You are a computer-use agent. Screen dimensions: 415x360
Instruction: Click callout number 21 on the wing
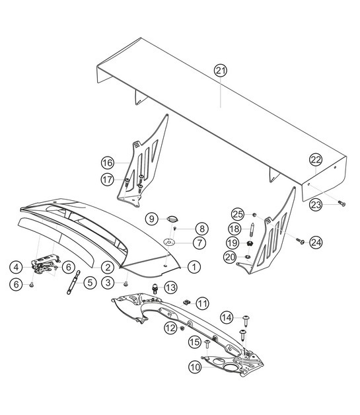[220, 70]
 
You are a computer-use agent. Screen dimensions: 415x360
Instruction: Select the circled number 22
[316, 159]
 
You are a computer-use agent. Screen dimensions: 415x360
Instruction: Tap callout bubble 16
[108, 163]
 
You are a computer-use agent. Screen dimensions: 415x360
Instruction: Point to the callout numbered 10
[196, 365]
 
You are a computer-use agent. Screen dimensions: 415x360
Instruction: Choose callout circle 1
[194, 267]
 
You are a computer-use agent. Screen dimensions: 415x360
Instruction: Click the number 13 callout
[170, 287]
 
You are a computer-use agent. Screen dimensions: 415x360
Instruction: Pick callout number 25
[238, 213]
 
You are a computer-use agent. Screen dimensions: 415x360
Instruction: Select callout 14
[227, 319]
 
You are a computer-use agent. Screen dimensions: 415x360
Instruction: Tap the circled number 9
[151, 218]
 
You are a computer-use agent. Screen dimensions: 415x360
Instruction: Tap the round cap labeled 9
[171, 219]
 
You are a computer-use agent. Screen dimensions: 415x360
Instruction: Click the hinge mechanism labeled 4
[44, 268]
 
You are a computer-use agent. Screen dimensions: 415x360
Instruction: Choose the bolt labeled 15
[207, 344]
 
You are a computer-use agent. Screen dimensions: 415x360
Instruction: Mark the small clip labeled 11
[187, 301]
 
